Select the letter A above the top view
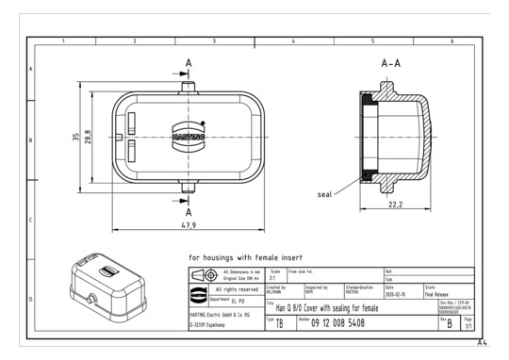click(x=189, y=62)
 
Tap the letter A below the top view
click(x=189, y=212)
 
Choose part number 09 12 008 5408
click(x=345, y=323)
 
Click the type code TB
click(x=280, y=324)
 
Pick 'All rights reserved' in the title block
click(x=231, y=289)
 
